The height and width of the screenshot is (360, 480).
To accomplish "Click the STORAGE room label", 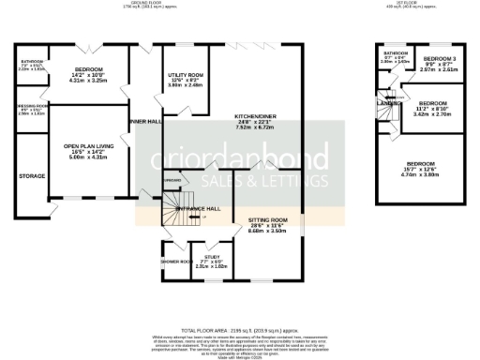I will pyautogui.click(x=32, y=174).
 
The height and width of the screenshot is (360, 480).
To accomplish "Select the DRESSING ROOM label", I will pyautogui.click(x=32, y=106).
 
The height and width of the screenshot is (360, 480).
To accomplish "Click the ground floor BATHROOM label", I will pyautogui.click(x=33, y=62).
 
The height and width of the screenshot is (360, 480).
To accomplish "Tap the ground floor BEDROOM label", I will pyautogui.click(x=90, y=70).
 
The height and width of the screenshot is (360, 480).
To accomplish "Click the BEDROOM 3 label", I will pyautogui.click(x=438, y=58).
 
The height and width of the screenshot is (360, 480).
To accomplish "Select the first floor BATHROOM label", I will pyautogui.click(x=394, y=53).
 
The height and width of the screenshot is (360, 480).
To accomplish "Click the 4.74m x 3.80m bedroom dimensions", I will pyautogui.click(x=433, y=173).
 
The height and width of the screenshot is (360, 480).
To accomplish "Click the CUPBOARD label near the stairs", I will pyautogui.click(x=172, y=180).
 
